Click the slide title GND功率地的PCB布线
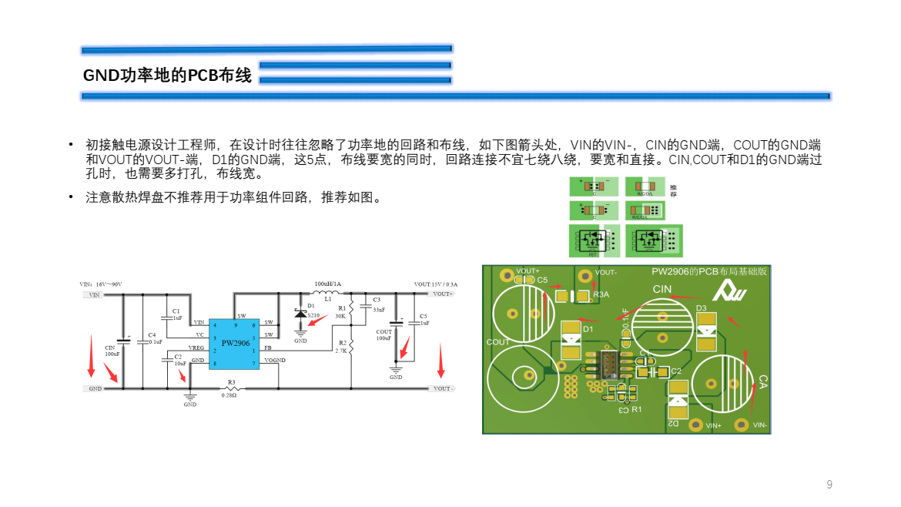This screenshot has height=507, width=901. pos(167,76)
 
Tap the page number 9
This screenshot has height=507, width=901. pos(829,485)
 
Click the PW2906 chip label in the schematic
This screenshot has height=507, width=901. pos(235,343)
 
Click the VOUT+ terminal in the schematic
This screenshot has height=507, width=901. pos(442,294)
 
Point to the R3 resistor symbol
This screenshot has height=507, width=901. pos(230,388)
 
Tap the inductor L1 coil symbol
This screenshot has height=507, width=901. pos(327,294)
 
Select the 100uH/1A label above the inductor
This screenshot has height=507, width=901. pos(327,284)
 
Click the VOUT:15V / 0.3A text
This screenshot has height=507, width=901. pos(436,284)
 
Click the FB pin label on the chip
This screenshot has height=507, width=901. pos(267,348)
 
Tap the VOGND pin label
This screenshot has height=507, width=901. pos(274,361)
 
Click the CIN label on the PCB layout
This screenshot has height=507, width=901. pos(662,289)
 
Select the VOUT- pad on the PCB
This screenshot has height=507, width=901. pos(584,274)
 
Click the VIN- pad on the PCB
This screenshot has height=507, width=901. pos(742,424)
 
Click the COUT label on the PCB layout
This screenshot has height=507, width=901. pos(497,342)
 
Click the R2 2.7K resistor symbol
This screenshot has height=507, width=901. pos(351,347)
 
